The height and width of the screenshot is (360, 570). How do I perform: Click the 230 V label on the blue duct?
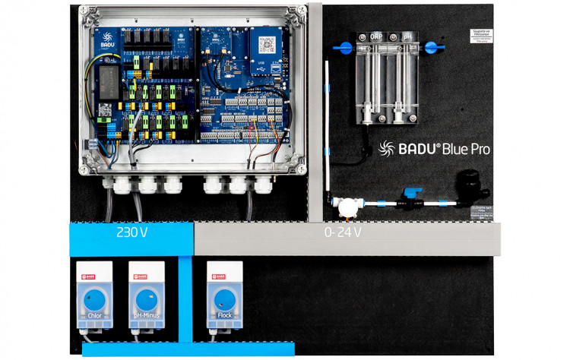[x=132, y=232]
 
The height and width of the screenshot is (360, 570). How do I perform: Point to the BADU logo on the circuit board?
[x=109, y=39]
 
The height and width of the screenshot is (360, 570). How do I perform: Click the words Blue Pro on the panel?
[x=464, y=149]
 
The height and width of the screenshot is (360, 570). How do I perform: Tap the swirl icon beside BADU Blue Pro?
[x=385, y=149]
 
